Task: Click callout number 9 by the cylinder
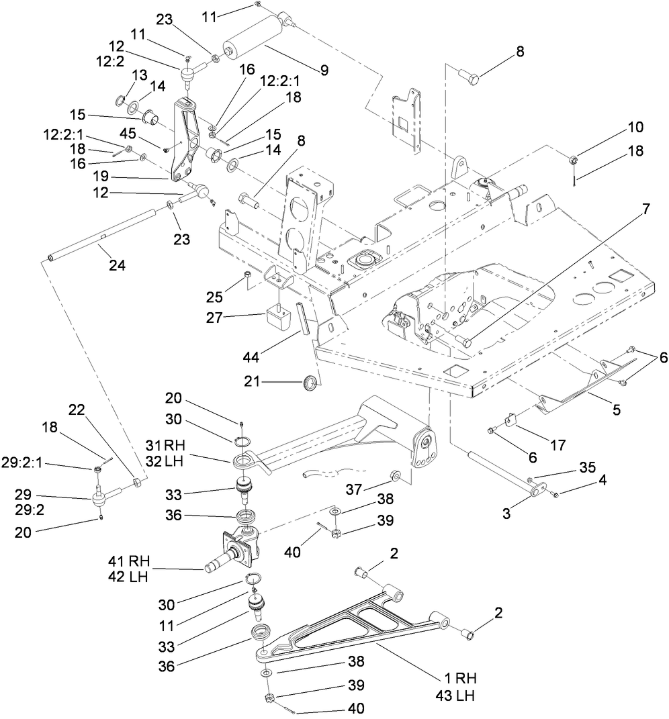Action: (x=324, y=69)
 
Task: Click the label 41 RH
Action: (x=130, y=559)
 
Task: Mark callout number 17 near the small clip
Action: (x=557, y=444)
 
